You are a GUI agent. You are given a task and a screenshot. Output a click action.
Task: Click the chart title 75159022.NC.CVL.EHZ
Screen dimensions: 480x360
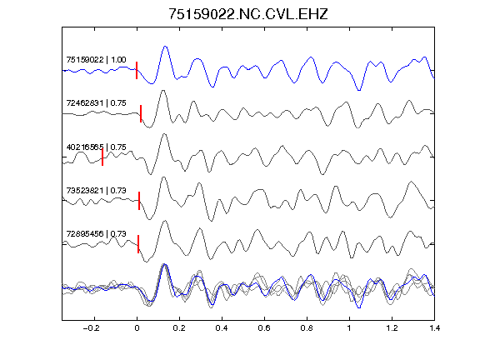(x=248, y=14)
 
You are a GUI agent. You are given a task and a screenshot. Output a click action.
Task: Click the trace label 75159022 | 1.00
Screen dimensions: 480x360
(x=96, y=60)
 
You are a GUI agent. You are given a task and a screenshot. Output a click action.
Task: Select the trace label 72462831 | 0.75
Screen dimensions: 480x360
(x=96, y=103)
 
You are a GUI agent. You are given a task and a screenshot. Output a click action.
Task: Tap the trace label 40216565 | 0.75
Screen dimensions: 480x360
(x=96, y=147)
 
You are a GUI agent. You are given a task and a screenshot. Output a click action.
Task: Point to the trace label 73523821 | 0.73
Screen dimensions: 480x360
(x=96, y=191)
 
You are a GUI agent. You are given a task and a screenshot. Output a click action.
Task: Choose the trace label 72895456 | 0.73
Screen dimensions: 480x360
(x=96, y=234)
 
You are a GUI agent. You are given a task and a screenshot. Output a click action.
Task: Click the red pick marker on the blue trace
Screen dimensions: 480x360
(x=137, y=70)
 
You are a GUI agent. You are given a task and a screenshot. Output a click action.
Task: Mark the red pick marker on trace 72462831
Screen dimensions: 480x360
(x=141, y=114)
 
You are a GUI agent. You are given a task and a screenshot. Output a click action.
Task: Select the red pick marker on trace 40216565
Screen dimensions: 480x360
(x=102, y=157)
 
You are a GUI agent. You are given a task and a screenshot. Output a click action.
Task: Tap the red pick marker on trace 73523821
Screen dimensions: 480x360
(x=139, y=201)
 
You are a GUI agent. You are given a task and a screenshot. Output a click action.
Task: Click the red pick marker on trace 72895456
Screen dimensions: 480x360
(x=138, y=244)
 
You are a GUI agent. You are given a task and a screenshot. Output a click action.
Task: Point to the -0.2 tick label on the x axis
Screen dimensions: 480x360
(x=91, y=328)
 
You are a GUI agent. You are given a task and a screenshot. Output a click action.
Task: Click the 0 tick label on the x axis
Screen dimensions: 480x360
(x=137, y=328)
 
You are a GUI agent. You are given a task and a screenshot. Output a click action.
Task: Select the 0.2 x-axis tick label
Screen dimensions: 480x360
(x=179, y=328)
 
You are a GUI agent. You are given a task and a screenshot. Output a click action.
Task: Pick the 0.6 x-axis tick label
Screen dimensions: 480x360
(x=264, y=328)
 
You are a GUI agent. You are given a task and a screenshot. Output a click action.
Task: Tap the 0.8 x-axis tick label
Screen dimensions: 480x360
(x=307, y=328)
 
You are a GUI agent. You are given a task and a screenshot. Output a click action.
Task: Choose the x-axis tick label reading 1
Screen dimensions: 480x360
(x=349, y=328)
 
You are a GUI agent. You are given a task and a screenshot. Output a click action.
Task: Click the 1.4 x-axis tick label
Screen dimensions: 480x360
(x=434, y=328)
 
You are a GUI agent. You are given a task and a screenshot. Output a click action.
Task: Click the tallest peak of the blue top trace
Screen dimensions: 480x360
(x=165, y=47)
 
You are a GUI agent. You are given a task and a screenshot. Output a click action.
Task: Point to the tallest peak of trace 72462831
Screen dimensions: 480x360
(x=163, y=91)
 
